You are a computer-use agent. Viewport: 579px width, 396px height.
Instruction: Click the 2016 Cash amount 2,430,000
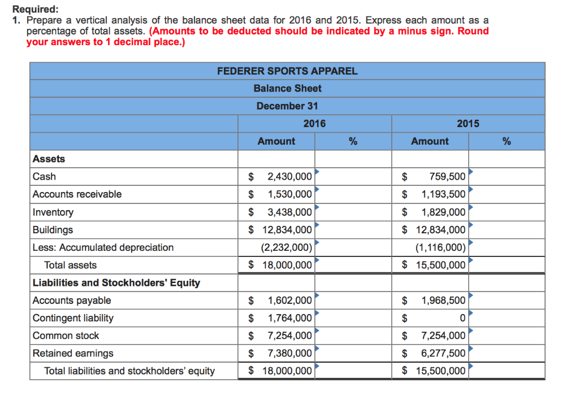(289, 177)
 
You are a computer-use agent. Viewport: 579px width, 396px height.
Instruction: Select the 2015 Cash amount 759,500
(447, 177)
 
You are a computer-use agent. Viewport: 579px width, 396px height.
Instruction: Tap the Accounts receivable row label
(77, 194)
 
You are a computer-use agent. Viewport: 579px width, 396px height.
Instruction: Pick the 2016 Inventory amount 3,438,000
(289, 212)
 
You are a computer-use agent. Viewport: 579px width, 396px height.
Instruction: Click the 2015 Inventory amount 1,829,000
(443, 212)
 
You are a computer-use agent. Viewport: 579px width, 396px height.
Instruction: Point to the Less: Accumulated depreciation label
(103, 247)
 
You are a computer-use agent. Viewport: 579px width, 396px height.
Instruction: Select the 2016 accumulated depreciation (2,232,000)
(286, 247)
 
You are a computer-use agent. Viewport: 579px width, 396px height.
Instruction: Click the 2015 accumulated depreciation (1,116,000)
(440, 247)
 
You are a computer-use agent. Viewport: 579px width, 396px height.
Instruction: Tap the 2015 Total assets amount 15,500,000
(440, 265)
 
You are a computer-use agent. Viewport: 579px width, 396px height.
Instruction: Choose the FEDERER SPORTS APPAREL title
(287, 71)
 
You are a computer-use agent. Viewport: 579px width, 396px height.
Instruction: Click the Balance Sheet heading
(287, 89)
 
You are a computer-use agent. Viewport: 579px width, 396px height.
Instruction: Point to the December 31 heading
(287, 106)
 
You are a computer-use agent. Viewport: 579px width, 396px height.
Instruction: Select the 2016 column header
(314, 124)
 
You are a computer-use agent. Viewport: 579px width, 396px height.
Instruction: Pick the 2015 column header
(468, 124)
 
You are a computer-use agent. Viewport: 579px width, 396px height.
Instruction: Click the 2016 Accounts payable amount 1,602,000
(289, 301)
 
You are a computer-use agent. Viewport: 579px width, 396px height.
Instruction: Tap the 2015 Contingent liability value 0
(463, 319)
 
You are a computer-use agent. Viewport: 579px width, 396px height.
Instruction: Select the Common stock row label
(66, 336)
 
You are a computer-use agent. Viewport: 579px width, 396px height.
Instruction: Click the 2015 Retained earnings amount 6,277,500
(443, 354)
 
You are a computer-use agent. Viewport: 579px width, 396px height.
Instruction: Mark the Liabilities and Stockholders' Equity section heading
(116, 283)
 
